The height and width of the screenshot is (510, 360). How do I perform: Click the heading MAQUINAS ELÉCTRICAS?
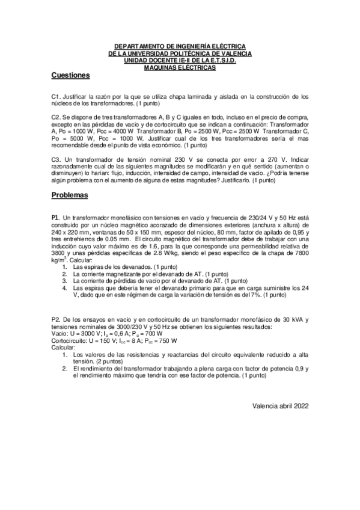(180, 68)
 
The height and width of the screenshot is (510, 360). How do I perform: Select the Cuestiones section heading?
(70, 76)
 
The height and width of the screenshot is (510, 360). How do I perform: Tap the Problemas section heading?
(70, 195)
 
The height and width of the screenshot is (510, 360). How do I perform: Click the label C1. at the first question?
(56, 96)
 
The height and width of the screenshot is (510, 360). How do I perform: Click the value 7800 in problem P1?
(299, 253)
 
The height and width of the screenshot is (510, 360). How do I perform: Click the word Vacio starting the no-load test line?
(60, 333)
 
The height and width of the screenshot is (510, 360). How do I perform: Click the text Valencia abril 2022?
(281, 405)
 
